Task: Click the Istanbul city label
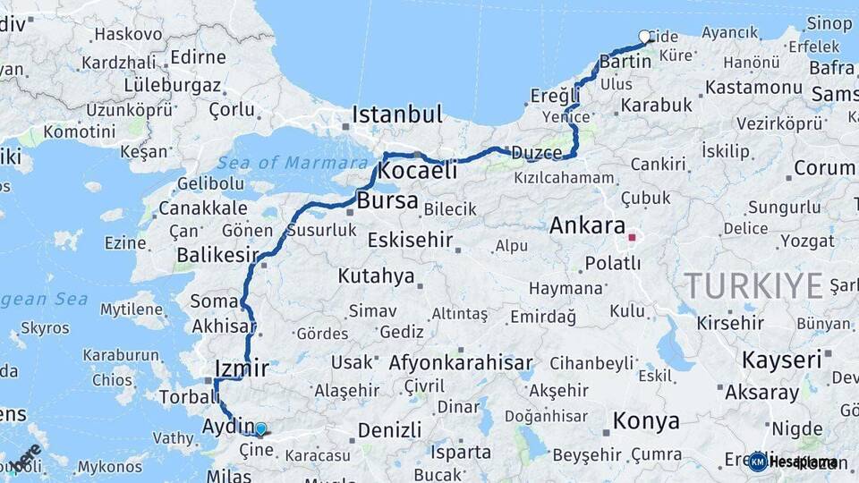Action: pyautogui.click(x=396, y=114)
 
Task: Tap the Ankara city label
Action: pyautogui.click(x=587, y=225)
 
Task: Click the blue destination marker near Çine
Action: pyautogui.click(x=260, y=429)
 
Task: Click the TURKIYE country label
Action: pyautogui.click(x=753, y=285)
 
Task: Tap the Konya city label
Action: pyautogui.click(x=645, y=420)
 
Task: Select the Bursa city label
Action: pyautogui.click(x=387, y=200)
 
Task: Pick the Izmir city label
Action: pyautogui.click(x=242, y=368)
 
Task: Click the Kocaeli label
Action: pyautogui.click(x=418, y=170)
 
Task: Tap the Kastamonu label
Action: pyautogui.click(x=753, y=88)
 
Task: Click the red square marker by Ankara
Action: pyautogui.click(x=632, y=238)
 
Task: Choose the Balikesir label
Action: pyautogui.click(x=210, y=255)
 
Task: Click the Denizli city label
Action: pyautogui.click(x=389, y=430)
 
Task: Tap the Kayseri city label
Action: pyautogui.click(x=780, y=360)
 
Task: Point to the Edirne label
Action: pyautogui.click(x=198, y=57)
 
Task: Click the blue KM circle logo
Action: pyautogui.click(x=757, y=462)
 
